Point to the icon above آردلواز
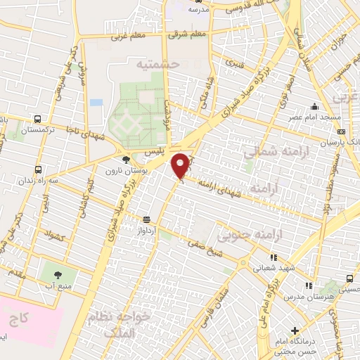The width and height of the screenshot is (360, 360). point(146,219)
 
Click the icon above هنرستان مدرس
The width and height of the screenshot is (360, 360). point(308,285)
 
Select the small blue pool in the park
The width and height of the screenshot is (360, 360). point(96,103)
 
